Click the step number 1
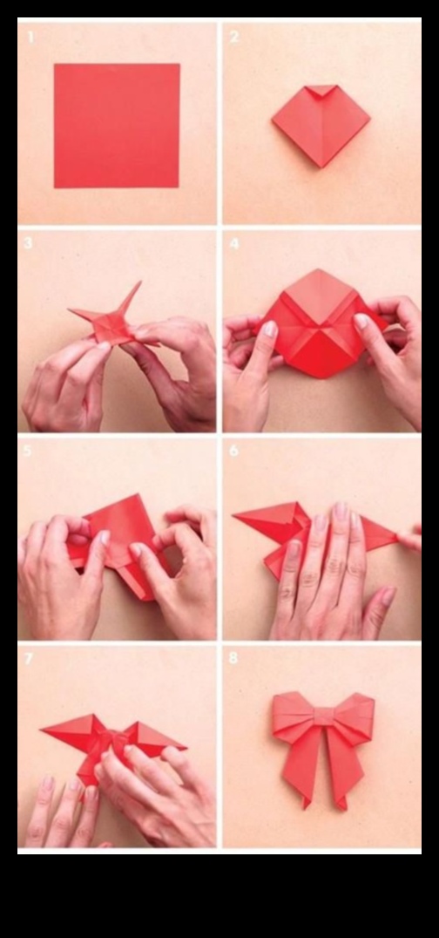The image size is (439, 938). (31, 37)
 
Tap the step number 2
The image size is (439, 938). (234, 37)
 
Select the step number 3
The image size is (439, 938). (29, 243)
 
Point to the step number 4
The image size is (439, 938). (234, 243)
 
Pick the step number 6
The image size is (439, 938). (233, 451)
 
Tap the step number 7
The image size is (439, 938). (29, 658)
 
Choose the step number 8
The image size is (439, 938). (233, 658)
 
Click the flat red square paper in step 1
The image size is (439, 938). (117, 126)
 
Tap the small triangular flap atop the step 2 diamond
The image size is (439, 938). (321, 90)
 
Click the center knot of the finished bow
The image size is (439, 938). (323, 716)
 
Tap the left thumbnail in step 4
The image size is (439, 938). (270, 329)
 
